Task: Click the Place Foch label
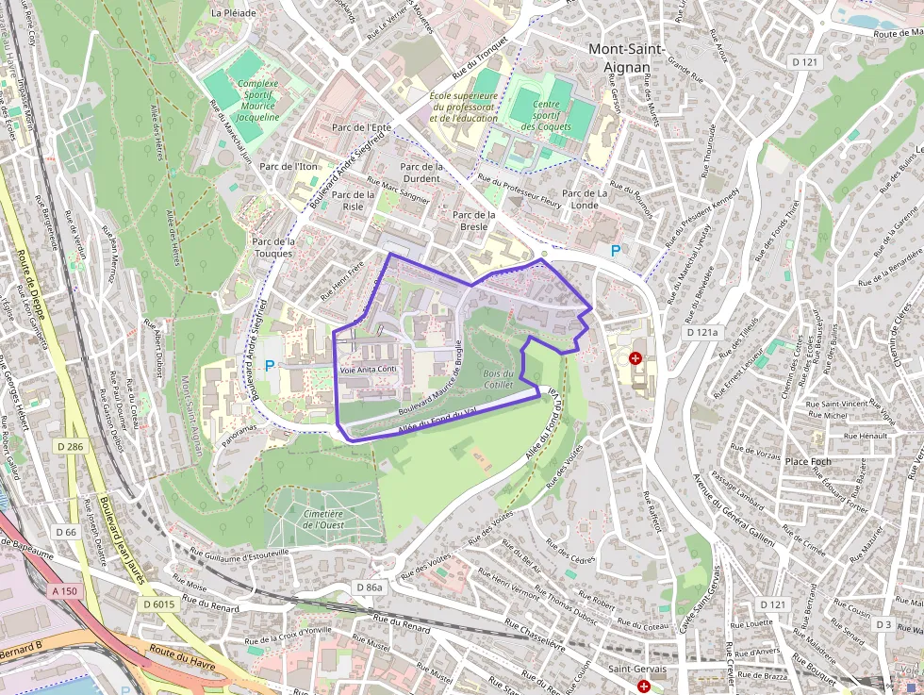(x=809, y=461)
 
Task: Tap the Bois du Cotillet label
(x=498, y=379)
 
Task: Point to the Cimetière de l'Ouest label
(x=322, y=520)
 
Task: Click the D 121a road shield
(x=701, y=333)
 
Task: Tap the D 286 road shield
(x=69, y=446)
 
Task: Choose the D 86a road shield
(x=370, y=587)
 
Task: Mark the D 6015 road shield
(x=158, y=604)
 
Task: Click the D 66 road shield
(x=65, y=533)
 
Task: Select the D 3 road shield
(x=883, y=624)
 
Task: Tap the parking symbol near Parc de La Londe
(x=617, y=251)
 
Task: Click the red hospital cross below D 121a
(x=635, y=358)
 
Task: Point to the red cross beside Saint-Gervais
(x=643, y=687)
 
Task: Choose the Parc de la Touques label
(x=273, y=248)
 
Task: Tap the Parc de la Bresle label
(x=474, y=221)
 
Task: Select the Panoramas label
(x=236, y=427)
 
